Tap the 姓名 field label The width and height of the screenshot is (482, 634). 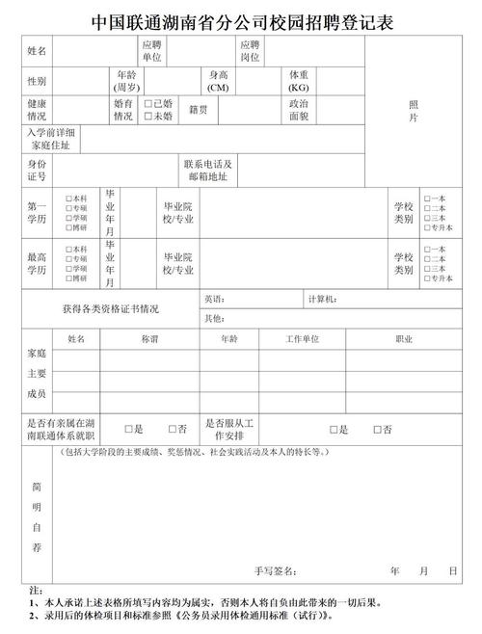38,49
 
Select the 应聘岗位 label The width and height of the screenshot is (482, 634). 250,50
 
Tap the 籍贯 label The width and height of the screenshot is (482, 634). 200,110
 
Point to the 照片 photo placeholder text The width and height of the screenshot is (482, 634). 414,110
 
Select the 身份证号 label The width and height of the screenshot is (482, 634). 38,171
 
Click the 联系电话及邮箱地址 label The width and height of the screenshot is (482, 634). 208,171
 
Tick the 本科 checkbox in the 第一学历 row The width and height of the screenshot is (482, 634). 68,198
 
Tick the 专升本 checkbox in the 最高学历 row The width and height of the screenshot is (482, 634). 427,279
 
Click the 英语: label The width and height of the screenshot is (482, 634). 215,300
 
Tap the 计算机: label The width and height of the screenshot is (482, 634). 322,300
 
